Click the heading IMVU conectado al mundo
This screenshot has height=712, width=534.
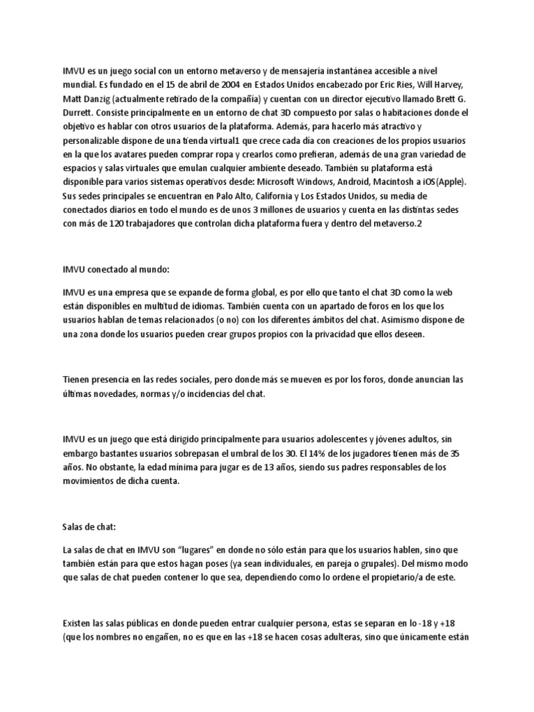click(110, 268)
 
